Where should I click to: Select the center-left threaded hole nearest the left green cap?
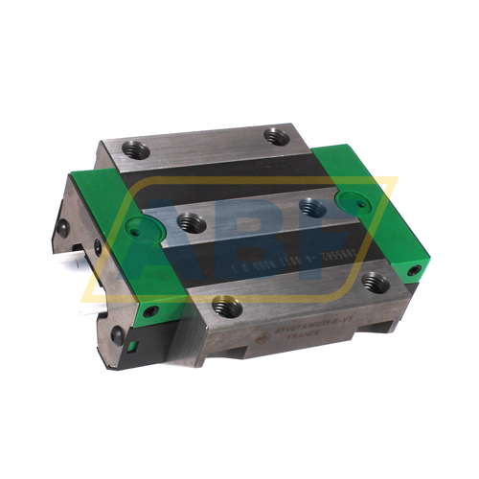coord(189,224)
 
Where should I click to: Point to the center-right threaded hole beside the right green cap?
coord(308,205)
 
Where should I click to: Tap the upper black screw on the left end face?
coord(62,227)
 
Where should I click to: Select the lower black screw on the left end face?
coord(117,334)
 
